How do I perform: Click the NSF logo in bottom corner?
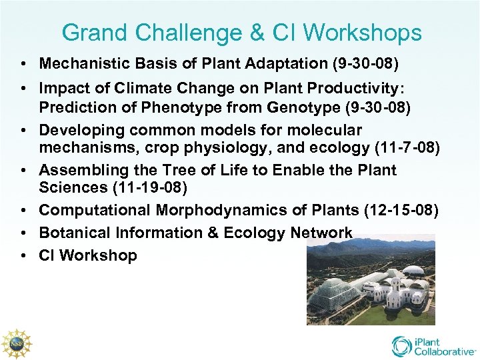pyautogui.click(x=17, y=344)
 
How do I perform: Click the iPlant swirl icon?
pyautogui.click(x=402, y=346)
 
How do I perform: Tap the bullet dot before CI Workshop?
pyautogui.click(x=23, y=255)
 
